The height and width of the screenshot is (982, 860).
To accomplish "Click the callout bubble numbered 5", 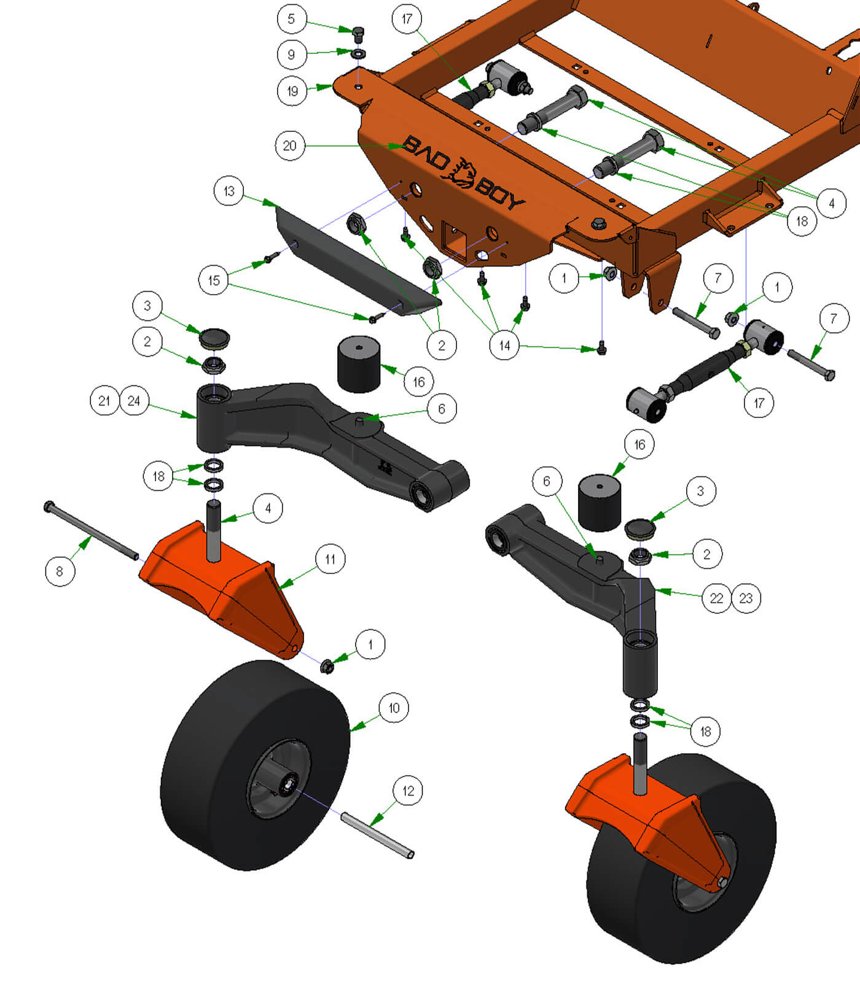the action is [x=291, y=19].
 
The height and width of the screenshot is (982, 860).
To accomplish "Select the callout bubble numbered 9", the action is [x=291, y=55].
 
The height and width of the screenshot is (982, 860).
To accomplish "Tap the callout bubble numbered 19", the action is [x=292, y=91].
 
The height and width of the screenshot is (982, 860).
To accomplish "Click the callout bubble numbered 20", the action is [x=290, y=145].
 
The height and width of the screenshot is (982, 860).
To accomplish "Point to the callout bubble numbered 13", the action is [x=229, y=191].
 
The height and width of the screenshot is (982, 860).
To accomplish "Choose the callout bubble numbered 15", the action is [x=214, y=280].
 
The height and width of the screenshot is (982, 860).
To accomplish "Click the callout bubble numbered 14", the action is [x=504, y=346].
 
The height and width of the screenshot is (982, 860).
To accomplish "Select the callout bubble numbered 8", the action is [x=60, y=571].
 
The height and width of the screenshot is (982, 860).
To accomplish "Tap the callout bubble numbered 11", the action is [x=330, y=559].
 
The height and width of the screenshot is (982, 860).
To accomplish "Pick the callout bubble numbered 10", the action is [x=394, y=708].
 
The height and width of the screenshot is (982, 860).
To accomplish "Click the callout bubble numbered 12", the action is [x=408, y=791].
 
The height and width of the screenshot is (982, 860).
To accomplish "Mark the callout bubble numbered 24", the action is [x=134, y=401].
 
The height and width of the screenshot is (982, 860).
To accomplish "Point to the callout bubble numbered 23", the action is [x=746, y=598].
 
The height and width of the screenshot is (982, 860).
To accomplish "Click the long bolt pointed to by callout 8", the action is [x=92, y=531].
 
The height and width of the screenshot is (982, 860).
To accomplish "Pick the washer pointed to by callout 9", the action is [x=359, y=54].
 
